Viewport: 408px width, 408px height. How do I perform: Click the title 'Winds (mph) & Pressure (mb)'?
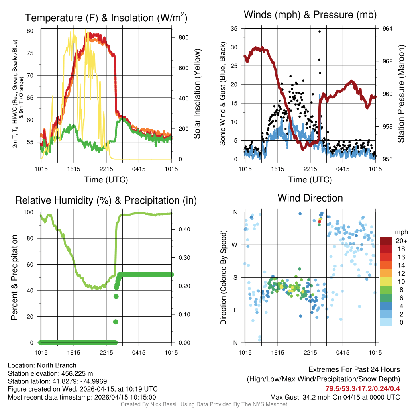310,15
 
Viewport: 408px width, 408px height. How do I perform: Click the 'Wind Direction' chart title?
310,198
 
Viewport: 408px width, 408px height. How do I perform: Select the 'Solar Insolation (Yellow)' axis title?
197,94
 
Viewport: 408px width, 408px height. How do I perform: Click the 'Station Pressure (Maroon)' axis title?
401,94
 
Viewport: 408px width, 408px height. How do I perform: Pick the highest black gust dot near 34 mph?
320,31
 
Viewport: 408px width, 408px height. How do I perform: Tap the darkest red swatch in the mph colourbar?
386,241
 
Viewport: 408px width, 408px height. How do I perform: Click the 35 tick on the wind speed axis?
235,29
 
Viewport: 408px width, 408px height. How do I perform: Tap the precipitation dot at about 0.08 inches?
116,322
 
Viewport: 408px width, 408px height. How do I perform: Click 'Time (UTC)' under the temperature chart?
106,180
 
